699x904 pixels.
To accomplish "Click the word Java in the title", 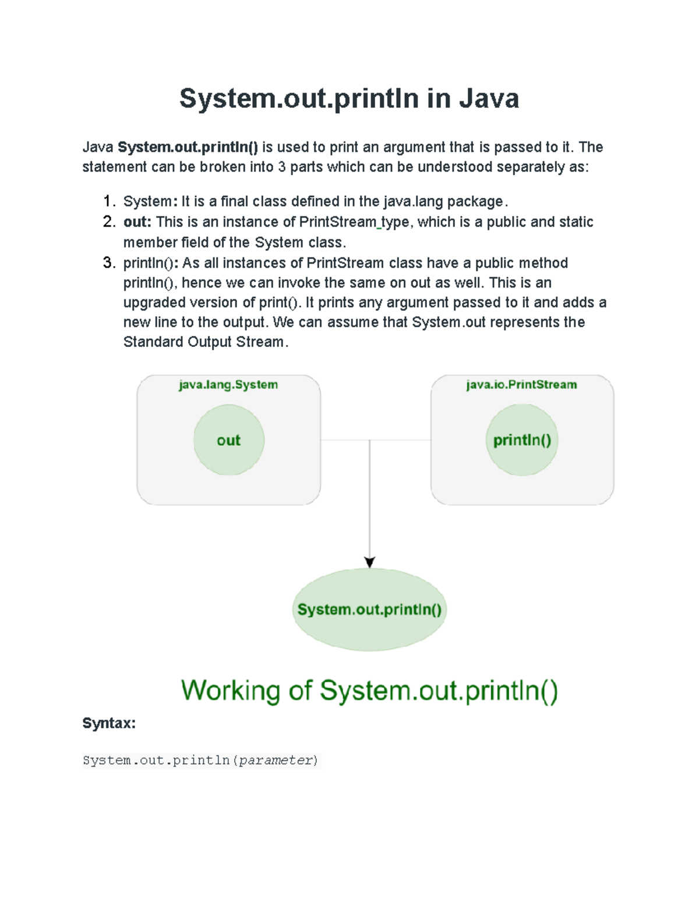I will [x=489, y=98].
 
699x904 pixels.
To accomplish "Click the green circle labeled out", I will [x=229, y=440].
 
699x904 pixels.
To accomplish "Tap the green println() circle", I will [x=522, y=440].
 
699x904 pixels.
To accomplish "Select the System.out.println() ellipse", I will [x=369, y=609].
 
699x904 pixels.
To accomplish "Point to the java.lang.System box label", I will [x=228, y=385].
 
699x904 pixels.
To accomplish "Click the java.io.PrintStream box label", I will [x=521, y=385].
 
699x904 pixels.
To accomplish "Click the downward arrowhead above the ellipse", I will [x=369, y=562].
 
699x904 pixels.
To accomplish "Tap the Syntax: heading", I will [x=109, y=723].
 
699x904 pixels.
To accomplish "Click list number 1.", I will [x=108, y=201].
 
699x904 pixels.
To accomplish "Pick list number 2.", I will [x=108, y=222].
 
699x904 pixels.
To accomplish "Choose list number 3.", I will [x=108, y=263].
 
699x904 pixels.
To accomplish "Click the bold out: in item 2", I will [x=137, y=222].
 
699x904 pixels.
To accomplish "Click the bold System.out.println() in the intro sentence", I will [x=188, y=147].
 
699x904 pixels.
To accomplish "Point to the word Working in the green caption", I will [x=231, y=691].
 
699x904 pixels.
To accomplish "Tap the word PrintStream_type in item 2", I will [x=354, y=222].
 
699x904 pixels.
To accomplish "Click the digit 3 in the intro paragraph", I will [x=281, y=167].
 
